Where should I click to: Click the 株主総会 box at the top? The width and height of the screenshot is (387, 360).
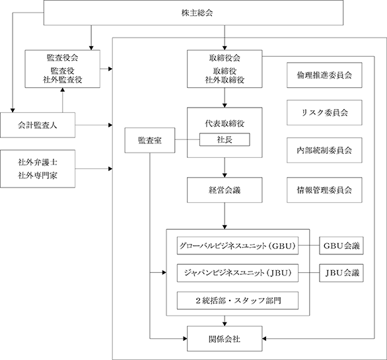point(194,13)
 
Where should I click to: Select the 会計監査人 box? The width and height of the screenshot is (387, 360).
point(38,126)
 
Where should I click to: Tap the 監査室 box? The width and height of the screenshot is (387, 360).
point(150,140)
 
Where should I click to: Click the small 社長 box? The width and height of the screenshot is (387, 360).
point(225,139)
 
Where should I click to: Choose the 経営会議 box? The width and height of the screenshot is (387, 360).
point(225,190)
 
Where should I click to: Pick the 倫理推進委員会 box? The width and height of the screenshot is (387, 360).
point(324,75)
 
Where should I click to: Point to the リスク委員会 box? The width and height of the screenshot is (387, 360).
point(324,112)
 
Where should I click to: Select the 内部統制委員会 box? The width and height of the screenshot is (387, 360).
point(324,150)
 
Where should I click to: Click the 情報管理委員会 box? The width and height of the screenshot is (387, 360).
point(324,190)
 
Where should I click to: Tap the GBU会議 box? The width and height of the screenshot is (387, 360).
point(341,246)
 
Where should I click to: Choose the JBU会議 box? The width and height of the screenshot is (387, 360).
point(341,273)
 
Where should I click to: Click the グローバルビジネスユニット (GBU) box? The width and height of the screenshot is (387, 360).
point(238,246)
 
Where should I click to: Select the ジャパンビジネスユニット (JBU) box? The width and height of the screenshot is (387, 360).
point(238,273)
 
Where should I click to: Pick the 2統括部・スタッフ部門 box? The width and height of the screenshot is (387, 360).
point(238,301)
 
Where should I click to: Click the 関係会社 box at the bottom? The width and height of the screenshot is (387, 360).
point(225,338)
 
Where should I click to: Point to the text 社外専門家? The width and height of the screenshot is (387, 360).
point(38,176)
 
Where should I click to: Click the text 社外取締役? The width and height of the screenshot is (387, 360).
point(225,80)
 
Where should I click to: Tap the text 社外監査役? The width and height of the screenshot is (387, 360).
point(63,80)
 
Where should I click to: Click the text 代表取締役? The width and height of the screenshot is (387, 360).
point(225,124)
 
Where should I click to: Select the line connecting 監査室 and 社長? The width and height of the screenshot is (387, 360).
point(188,140)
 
